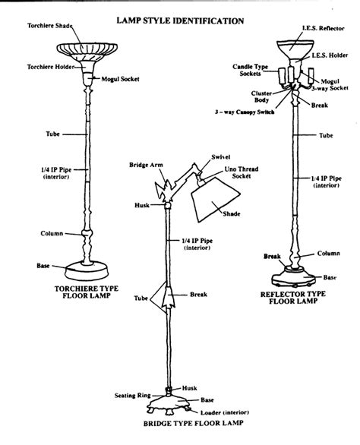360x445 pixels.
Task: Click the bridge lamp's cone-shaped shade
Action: pos(216,199)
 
